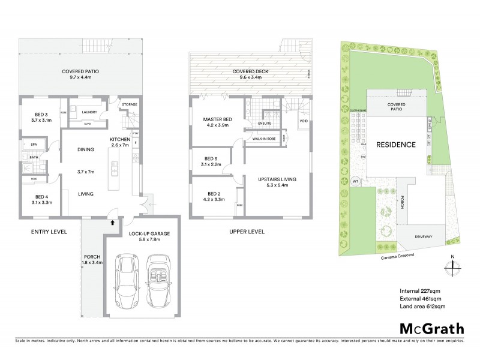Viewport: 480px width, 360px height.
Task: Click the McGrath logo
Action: pos(431,328)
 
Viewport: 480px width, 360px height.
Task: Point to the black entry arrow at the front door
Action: pos(112,222)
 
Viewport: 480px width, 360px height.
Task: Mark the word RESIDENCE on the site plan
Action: pos(396,145)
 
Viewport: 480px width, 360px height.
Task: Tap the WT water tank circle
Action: pos(356,181)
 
